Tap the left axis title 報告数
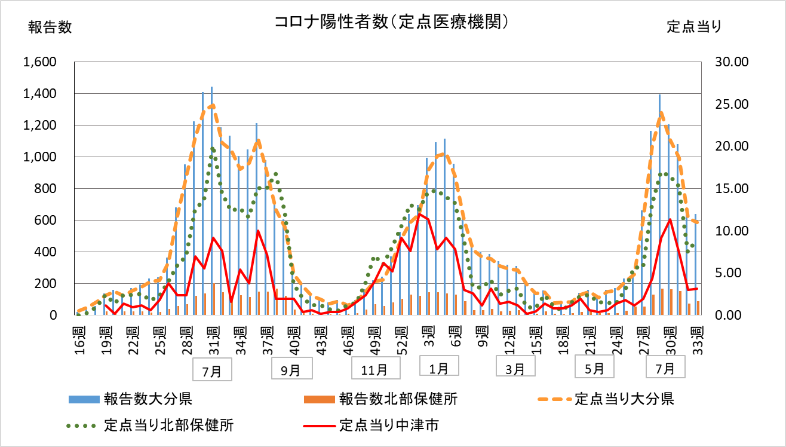click(x=50, y=27)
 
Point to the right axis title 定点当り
click(x=694, y=27)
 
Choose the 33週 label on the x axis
click(x=697, y=340)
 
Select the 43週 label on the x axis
click(x=322, y=340)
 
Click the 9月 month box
click(x=291, y=369)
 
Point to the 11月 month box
click(x=374, y=369)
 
